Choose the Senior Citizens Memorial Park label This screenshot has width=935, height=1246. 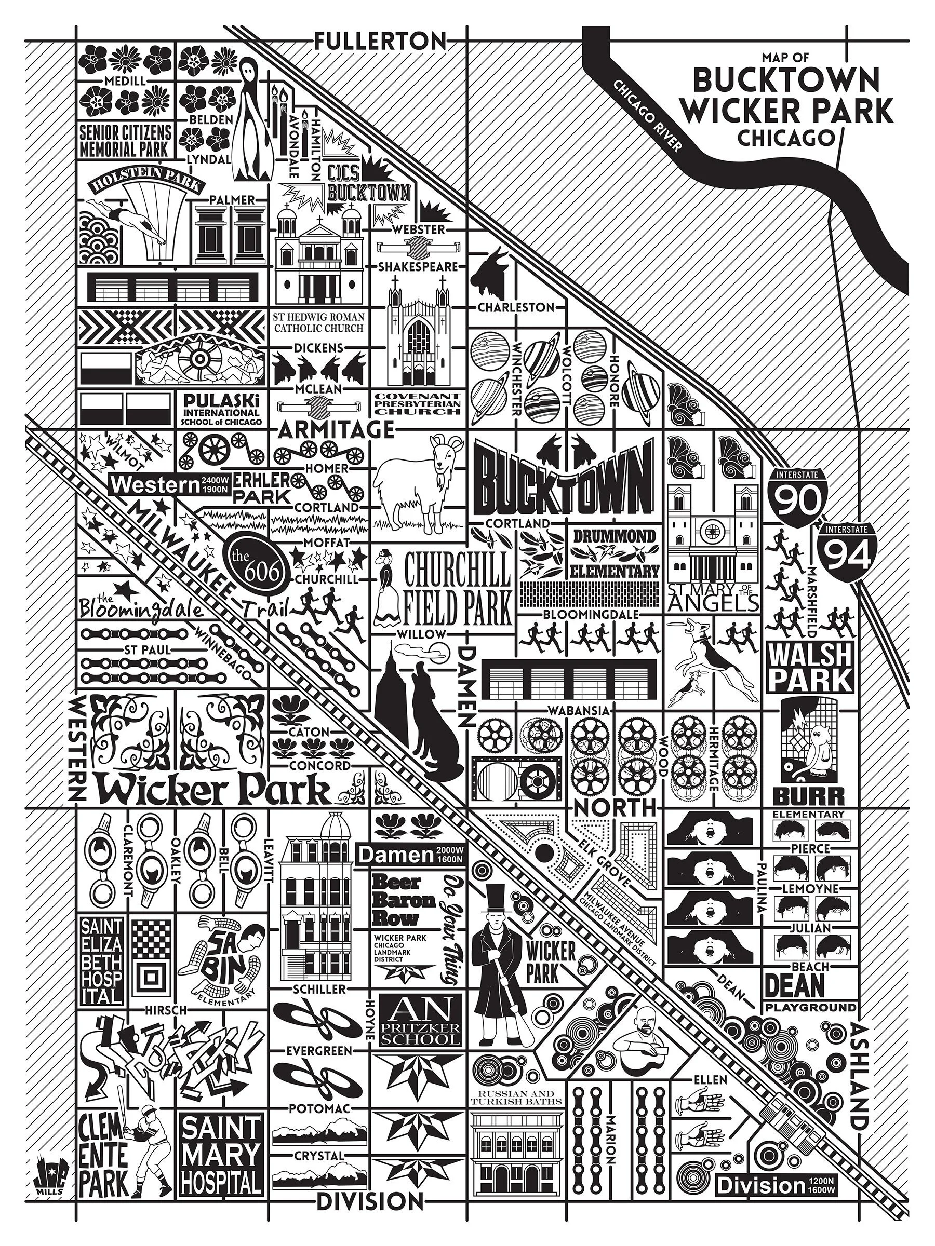coord(125,141)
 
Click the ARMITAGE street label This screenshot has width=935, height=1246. coord(336,430)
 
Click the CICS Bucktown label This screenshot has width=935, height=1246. coord(367,183)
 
